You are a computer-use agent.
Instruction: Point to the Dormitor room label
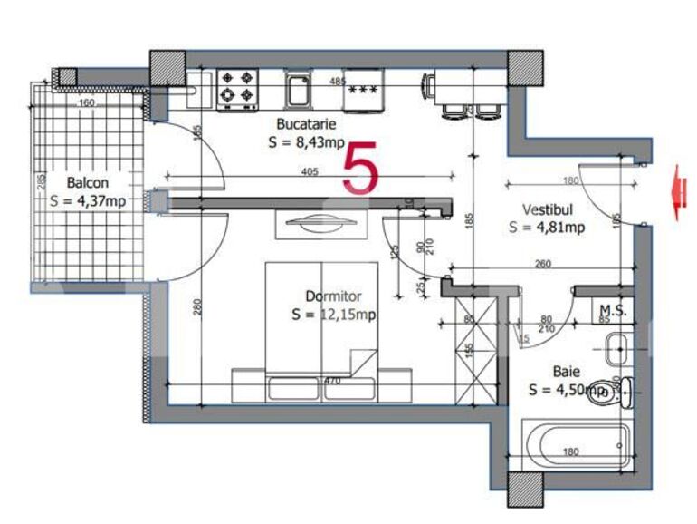[x=333, y=296]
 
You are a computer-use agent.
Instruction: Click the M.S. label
[x=613, y=310]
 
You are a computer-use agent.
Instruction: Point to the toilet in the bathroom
[x=604, y=393]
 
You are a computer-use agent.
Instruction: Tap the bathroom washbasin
[x=618, y=345]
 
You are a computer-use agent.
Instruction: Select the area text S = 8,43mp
[x=306, y=142]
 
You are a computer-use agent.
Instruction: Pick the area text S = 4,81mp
[x=546, y=228]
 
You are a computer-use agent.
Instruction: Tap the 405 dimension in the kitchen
[x=309, y=170]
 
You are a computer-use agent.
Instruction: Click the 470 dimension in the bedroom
[x=332, y=382]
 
